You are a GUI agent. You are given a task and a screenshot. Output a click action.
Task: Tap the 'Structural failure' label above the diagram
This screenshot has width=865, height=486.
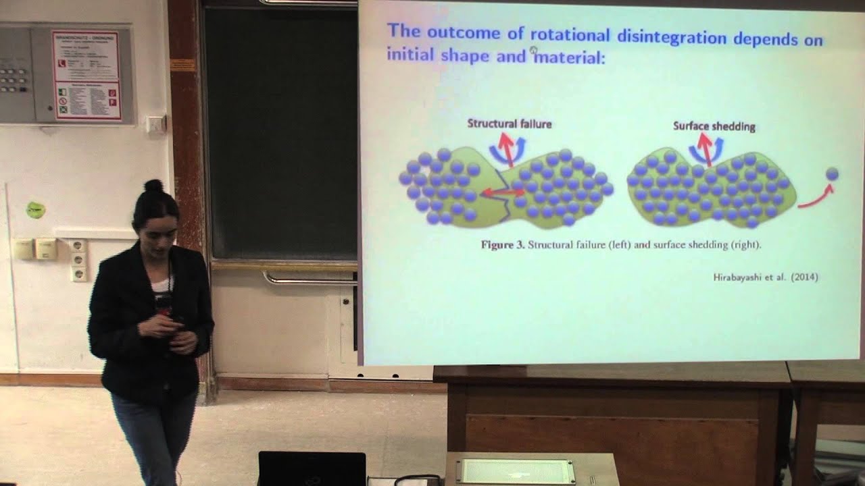(510, 124)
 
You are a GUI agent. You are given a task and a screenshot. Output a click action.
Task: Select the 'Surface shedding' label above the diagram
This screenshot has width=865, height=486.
(714, 126)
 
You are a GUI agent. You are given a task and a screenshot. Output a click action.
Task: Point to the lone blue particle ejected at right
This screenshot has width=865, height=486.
(832, 174)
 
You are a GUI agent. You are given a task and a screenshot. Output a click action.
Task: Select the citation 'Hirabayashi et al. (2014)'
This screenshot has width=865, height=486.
(766, 277)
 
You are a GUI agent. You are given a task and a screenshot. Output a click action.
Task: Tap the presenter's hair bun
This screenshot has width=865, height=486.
(153, 186)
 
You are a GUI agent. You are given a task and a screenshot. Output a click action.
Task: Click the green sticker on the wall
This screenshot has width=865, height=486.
(35, 210)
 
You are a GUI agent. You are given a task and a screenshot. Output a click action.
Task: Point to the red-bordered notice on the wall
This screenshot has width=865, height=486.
(86, 75)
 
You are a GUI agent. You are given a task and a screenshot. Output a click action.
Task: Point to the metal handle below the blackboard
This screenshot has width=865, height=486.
(309, 278)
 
